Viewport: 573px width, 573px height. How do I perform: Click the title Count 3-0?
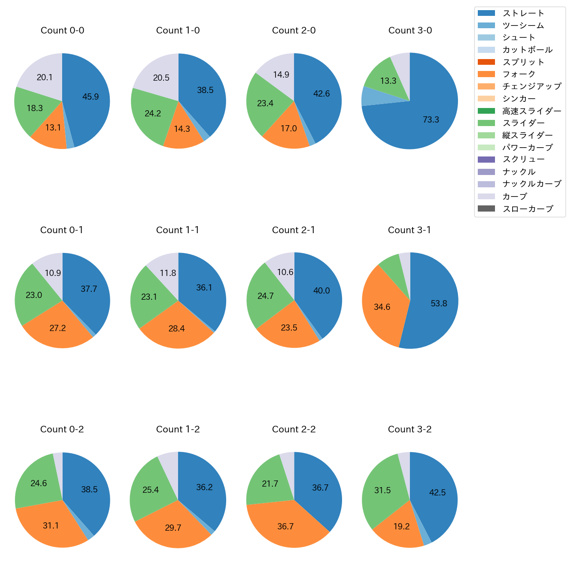click(x=410, y=30)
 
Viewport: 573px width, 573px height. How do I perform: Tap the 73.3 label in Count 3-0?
click(x=431, y=119)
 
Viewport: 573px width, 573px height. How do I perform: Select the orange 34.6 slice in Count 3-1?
click(x=382, y=307)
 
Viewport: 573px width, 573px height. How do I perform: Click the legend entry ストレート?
click(x=523, y=13)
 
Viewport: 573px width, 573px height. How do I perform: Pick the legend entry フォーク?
click(x=519, y=74)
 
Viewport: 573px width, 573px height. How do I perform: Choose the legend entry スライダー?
click(x=523, y=123)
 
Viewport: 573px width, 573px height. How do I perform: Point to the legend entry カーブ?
click(x=514, y=196)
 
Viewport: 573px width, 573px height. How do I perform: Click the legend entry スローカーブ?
click(x=528, y=208)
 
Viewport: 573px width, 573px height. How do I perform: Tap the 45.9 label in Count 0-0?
click(x=90, y=97)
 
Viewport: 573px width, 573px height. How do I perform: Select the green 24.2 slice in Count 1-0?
click(x=153, y=113)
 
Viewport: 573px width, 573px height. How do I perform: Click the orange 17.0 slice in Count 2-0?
click(x=288, y=128)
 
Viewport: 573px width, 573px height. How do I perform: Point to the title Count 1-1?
click(x=178, y=230)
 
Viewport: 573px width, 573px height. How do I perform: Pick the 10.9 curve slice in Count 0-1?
click(x=52, y=273)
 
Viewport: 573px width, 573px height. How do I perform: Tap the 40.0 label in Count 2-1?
click(x=321, y=290)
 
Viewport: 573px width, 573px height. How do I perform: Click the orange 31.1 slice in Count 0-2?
click(x=51, y=525)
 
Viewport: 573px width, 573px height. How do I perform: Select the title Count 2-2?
click(x=294, y=429)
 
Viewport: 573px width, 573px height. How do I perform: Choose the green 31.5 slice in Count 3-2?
click(x=382, y=490)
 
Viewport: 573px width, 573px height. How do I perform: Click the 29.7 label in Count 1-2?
click(x=173, y=528)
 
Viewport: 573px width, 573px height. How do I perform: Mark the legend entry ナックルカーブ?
click(x=532, y=184)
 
